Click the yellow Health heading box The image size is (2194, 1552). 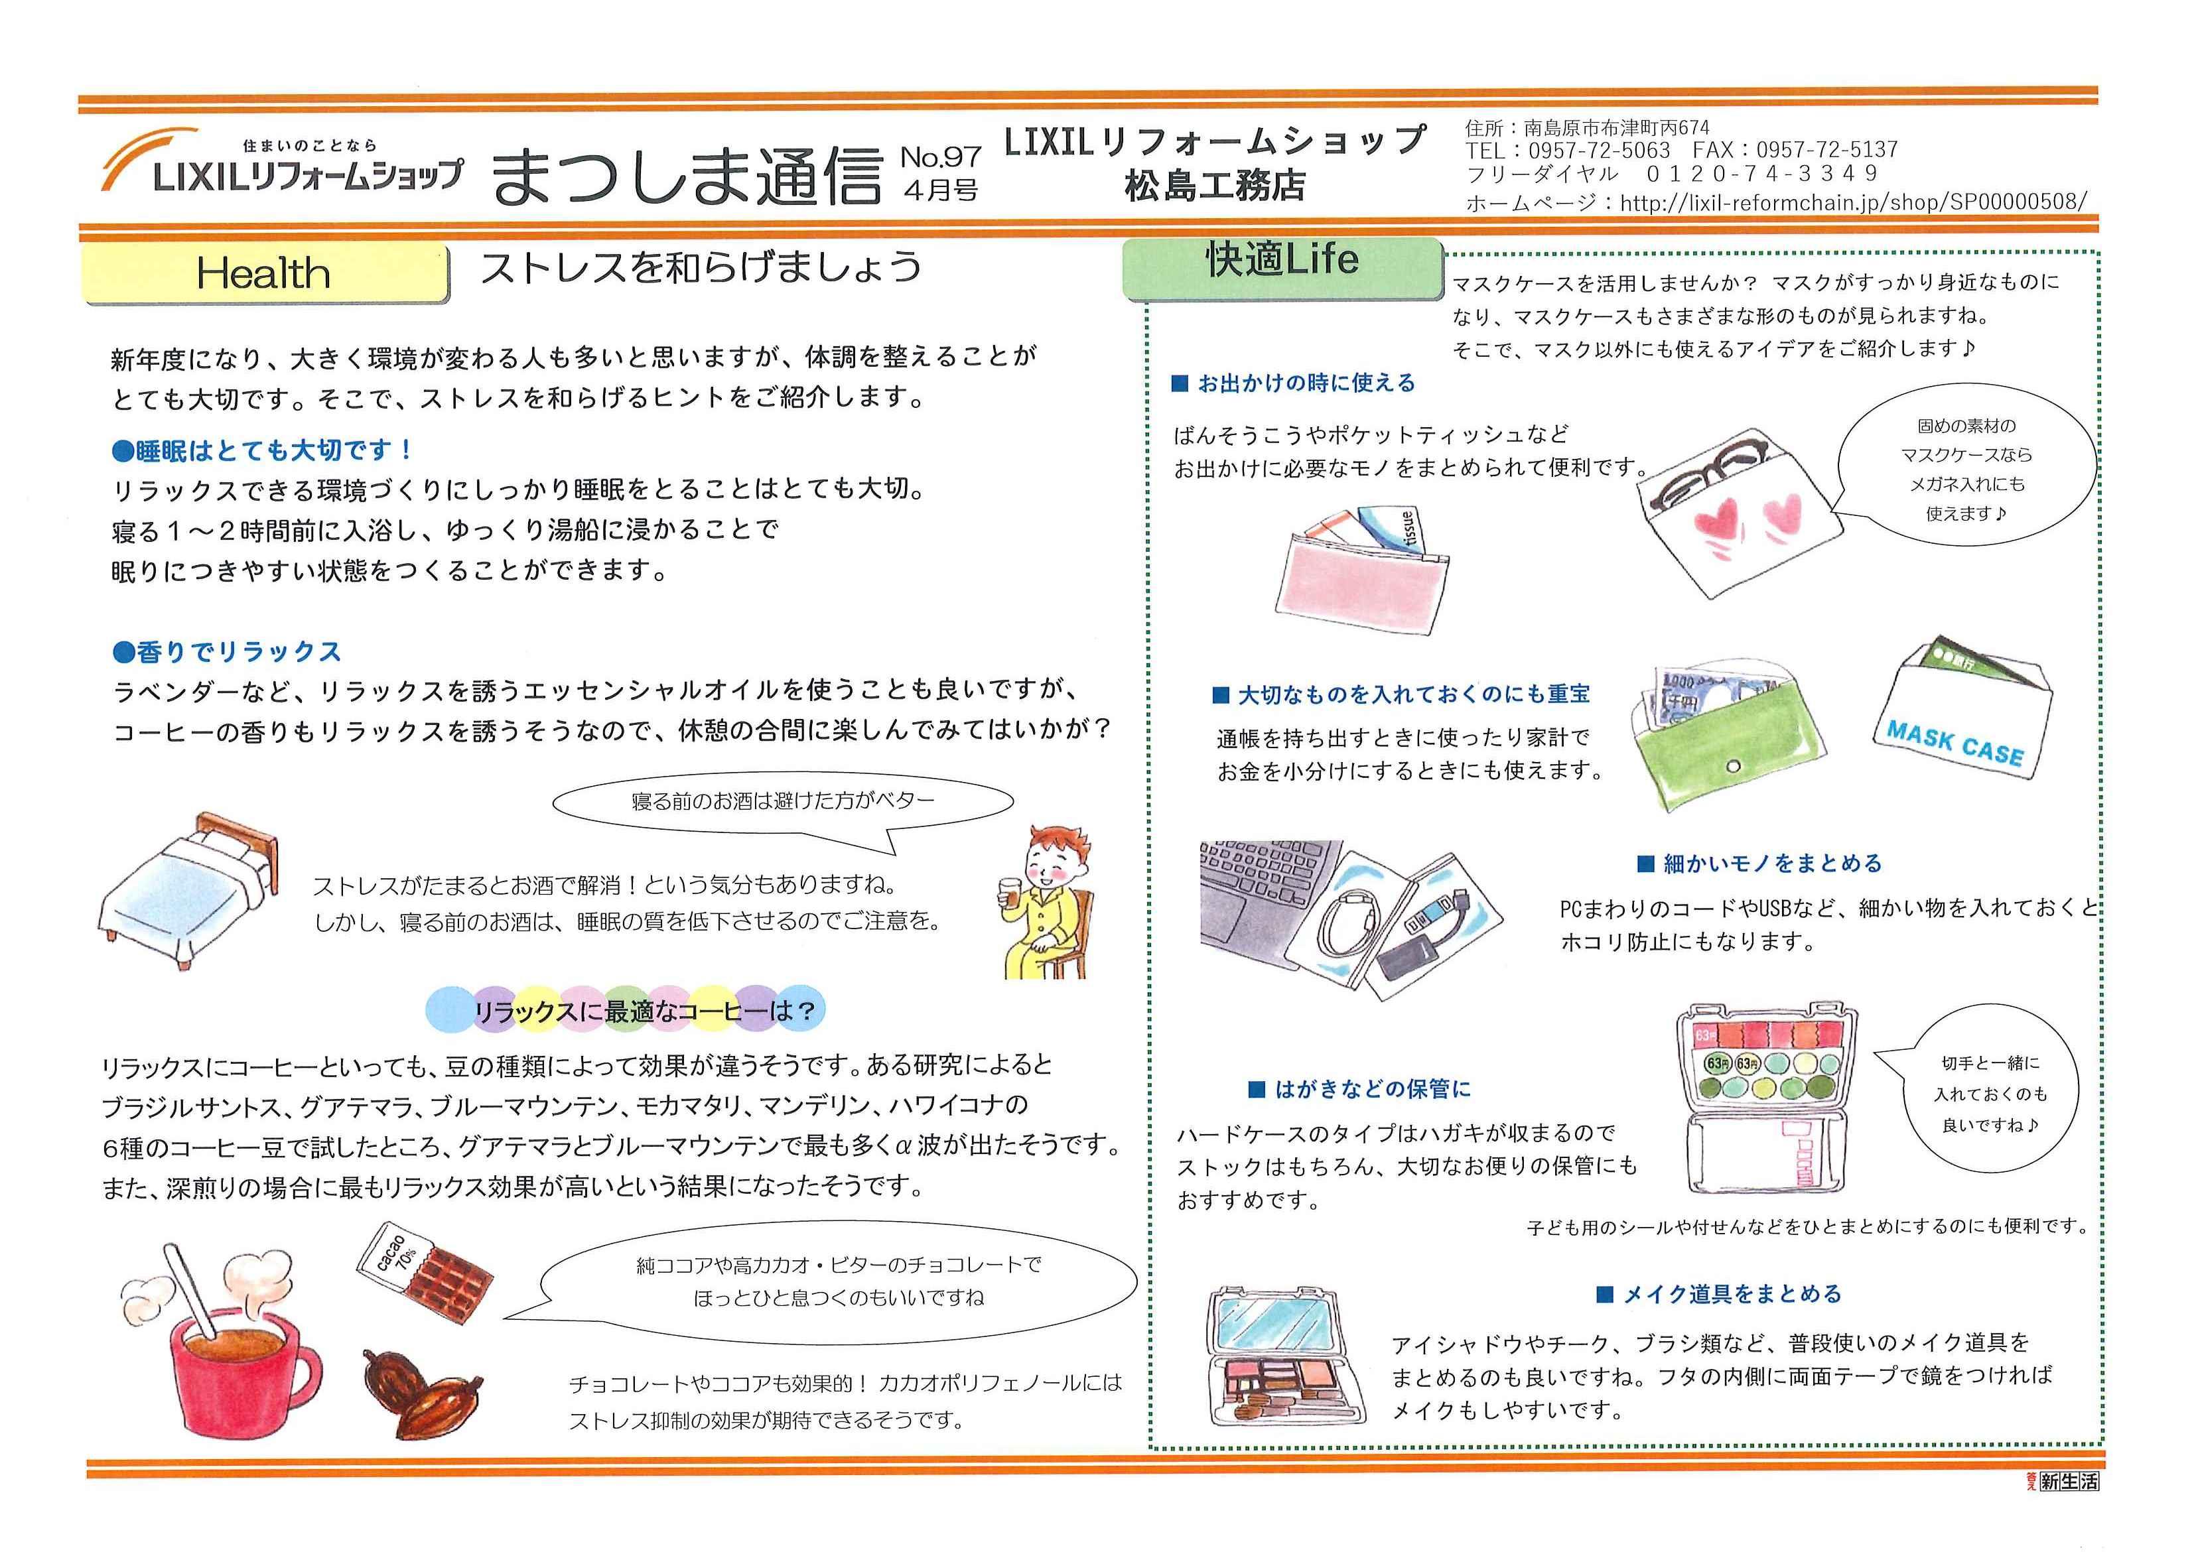click(x=266, y=273)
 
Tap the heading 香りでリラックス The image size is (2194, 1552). click(x=227, y=652)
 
